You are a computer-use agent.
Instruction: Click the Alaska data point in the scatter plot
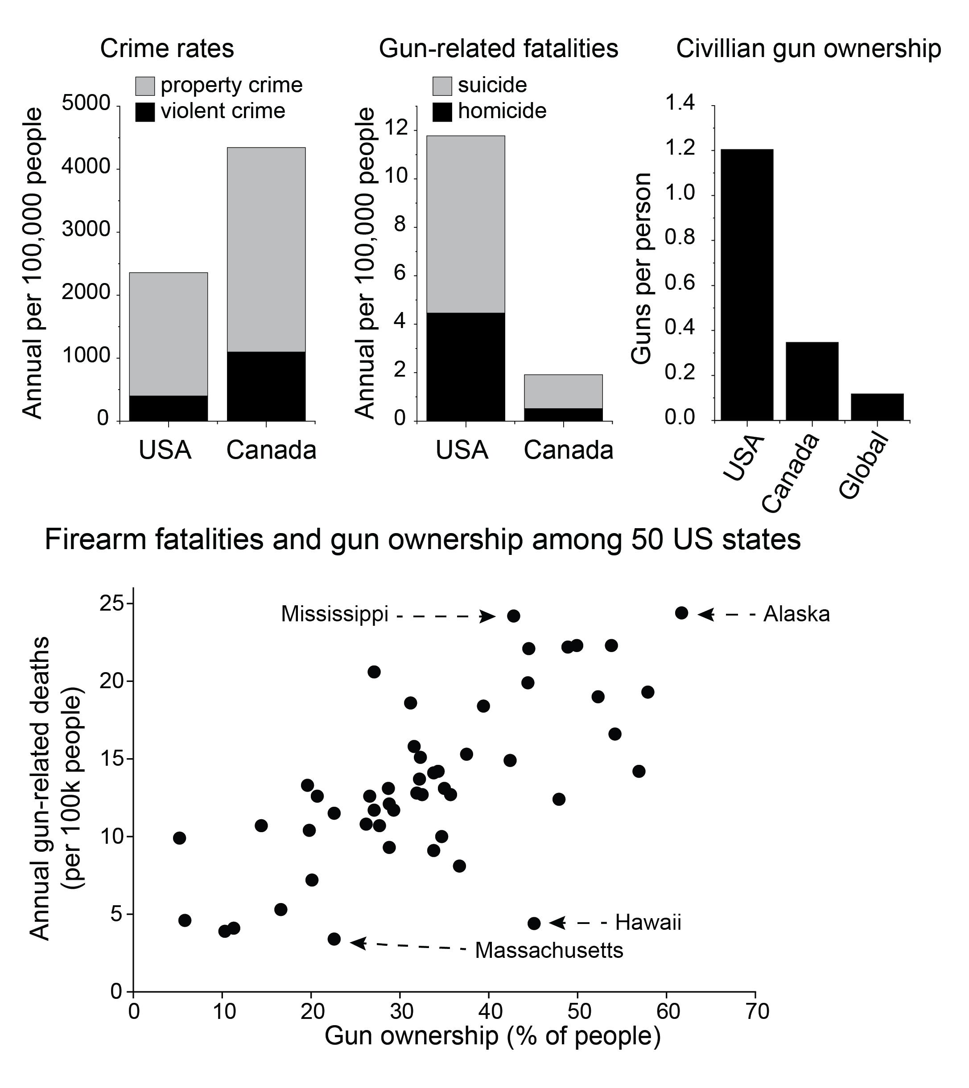pos(681,613)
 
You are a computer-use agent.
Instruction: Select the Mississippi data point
pos(513,616)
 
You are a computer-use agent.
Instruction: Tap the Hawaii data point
pos(534,923)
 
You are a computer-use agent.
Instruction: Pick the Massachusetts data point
pos(334,939)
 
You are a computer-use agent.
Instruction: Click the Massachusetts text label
pos(549,950)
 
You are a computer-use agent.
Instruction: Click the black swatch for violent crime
pos(145,112)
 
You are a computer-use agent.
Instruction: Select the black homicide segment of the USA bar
pos(466,367)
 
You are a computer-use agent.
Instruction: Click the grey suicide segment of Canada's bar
pos(563,391)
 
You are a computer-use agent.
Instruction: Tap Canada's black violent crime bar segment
pos(266,386)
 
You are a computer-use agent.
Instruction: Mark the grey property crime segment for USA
pos(169,334)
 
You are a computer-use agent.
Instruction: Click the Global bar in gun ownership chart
pos(877,407)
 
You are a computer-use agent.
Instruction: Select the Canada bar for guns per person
pos(812,381)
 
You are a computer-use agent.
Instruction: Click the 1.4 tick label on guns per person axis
pos(680,103)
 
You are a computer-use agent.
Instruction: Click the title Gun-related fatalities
pos(499,49)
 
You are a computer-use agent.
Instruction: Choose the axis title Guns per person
pos(642,268)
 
